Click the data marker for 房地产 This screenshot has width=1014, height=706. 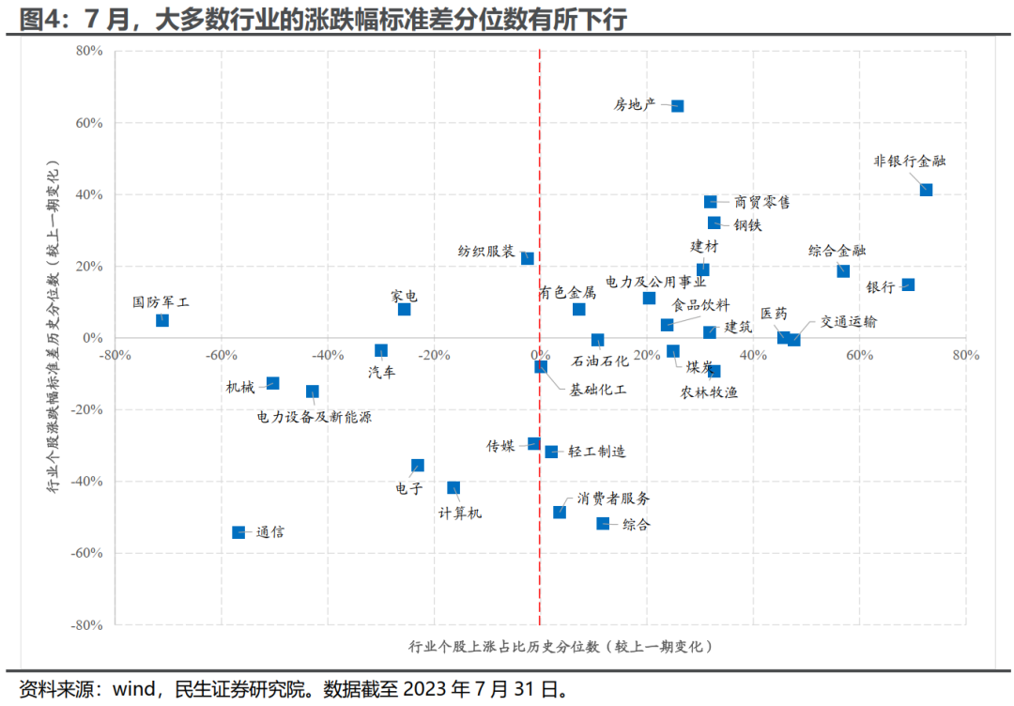click(677, 106)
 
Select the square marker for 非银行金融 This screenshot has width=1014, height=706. click(926, 190)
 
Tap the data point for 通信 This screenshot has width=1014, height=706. click(238, 532)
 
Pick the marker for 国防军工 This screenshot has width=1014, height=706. click(162, 320)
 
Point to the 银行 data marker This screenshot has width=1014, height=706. click(908, 284)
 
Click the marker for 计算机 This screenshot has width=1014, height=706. click(453, 487)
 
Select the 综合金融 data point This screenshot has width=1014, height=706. click(843, 270)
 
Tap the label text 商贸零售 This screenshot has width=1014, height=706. click(761, 202)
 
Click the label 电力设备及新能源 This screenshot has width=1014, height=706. click(314, 417)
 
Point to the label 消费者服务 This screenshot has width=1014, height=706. click(613, 499)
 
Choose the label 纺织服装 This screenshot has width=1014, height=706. click(485, 252)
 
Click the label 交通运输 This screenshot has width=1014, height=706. click(849, 321)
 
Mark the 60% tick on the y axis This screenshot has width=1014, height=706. click(88, 123)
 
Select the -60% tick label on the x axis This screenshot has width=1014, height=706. click(220, 355)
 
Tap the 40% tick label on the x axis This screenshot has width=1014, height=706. click(753, 355)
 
